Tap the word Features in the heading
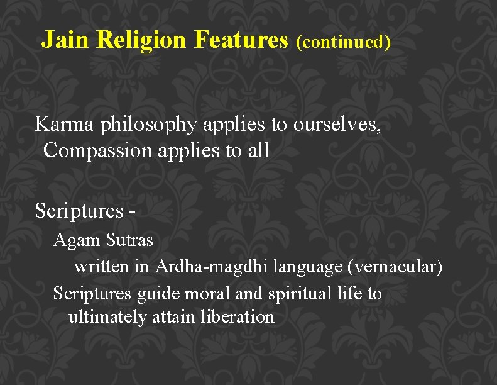click(x=241, y=40)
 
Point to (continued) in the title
click(x=343, y=42)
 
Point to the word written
click(x=102, y=267)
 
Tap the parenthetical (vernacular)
click(x=395, y=267)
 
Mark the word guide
click(x=155, y=294)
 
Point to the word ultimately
click(x=107, y=317)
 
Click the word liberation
click(x=238, y=316)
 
